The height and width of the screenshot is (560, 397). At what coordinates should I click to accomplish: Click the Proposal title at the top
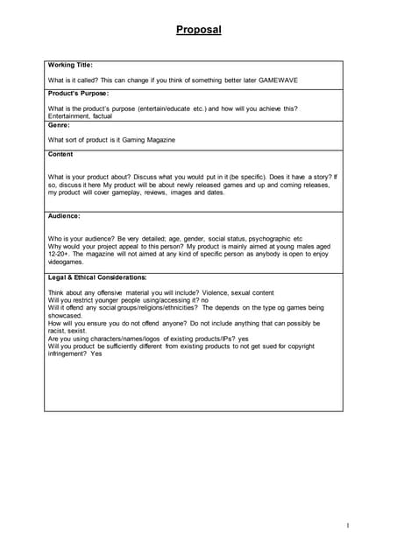click(x=198, y=30)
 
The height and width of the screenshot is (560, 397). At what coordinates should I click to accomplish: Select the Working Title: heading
click(x=70, y=66)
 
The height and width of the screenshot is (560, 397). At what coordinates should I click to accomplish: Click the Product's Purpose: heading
click(x=79, y=94)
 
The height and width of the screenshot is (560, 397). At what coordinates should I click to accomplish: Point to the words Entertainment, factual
click(x=81, y=115)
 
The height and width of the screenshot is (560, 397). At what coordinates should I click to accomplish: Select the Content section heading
click(x=61, y=154)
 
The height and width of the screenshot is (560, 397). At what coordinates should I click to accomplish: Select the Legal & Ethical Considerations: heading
click(x=97, y=277)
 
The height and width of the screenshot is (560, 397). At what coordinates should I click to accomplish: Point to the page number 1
click(x=348, y=525)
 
